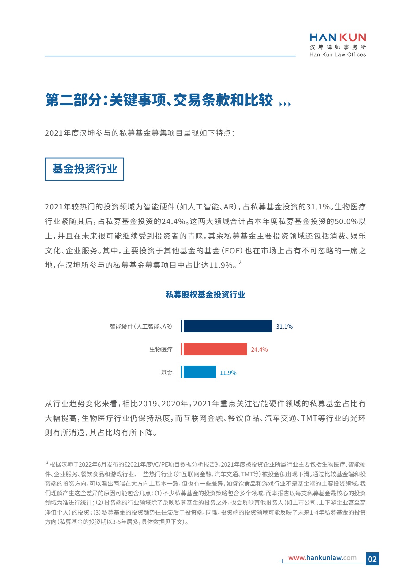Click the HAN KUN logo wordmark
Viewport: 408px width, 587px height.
tap(338, 37)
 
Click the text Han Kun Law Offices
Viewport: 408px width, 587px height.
tap(338, 54)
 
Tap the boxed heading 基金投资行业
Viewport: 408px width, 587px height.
tap(84, 169)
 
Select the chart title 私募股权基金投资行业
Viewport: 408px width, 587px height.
tap(205, 294)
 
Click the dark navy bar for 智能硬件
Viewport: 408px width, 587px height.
tap(227, 326)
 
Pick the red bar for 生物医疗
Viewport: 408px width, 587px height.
tap(215, 349)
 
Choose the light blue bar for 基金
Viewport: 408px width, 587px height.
tap(200, 372)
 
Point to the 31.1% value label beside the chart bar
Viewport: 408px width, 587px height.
tap(284, 327)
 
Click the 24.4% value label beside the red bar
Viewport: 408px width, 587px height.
tap(259, 349)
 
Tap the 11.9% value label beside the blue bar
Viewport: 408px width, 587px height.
tap(228, 373)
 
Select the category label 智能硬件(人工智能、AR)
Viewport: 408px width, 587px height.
tap(141, 327)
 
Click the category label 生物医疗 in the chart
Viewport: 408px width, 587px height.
tap(161, 349)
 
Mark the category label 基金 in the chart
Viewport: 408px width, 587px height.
tap(167, 373)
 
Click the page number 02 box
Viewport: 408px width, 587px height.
tap(372, 559)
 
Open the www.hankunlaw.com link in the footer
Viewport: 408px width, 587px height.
tap(322, 558)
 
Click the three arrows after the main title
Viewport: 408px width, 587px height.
tap(285, 104)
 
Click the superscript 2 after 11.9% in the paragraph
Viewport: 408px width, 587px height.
tap(240, 262)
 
